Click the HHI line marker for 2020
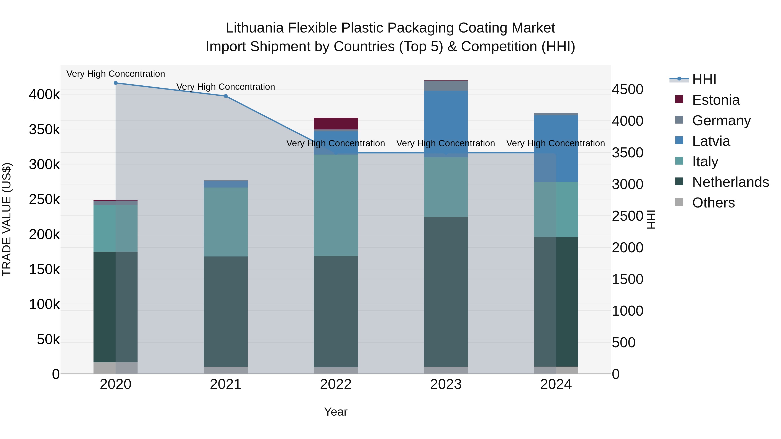coord(115,83)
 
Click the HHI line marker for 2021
coord(226,96)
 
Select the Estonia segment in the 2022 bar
coord(336,124)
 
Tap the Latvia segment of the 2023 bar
coord(446,121)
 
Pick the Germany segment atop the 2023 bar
coord(446,86)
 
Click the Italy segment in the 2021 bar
coord(226,222)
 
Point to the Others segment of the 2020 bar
coord(115,368)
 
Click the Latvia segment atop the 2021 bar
coord(226,184)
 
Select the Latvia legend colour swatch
coord(679,140)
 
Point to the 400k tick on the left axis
coord(44,95)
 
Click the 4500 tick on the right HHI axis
coord(627,89)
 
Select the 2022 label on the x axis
coord(336,384)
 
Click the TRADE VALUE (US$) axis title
coord(7,219)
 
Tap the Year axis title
coord(336,412)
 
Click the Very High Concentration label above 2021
coord(226,87)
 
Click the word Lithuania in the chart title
coord(254,28)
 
